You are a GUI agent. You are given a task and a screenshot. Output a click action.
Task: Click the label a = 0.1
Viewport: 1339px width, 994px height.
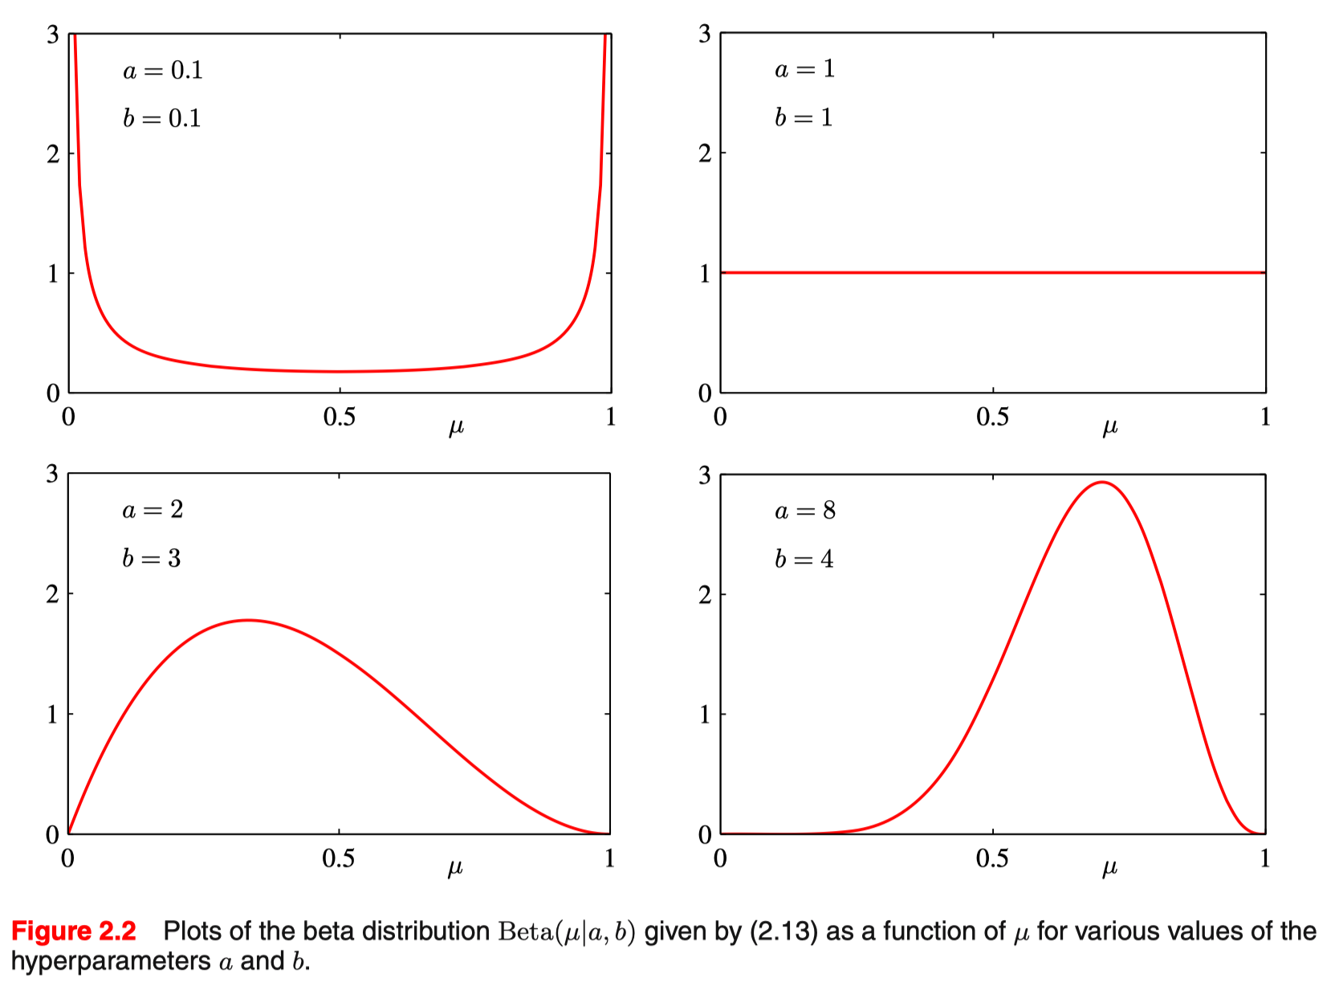(162, 71)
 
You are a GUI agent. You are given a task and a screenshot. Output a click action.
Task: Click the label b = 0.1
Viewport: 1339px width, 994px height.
(161, 119)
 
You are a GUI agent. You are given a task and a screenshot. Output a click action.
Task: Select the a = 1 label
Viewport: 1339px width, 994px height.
(804, 70)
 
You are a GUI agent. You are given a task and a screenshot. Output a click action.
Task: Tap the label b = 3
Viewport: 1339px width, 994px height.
(152, 558)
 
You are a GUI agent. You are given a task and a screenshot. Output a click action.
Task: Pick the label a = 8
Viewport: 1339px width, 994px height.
(805, 511)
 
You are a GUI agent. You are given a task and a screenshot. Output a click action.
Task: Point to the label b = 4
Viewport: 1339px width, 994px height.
(804, 559)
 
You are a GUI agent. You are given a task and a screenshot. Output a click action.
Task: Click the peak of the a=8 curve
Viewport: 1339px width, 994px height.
(1102, 482)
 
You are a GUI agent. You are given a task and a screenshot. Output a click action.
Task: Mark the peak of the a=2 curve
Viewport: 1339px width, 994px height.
(249, 620)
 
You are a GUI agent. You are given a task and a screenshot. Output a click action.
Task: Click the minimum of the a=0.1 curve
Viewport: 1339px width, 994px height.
(340, 372)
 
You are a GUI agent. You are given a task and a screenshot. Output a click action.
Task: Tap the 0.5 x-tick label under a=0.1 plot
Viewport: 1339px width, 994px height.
(339, 417)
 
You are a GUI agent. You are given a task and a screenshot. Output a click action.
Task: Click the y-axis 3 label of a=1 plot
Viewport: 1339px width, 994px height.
(704, 35)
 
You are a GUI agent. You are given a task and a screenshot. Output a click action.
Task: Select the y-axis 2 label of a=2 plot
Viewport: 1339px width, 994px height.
(53, 594)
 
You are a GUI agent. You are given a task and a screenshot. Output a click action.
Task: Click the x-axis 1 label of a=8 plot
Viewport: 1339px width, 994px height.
(1264, 858)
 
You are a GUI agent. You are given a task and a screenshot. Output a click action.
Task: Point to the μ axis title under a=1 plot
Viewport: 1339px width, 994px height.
(1109, 427)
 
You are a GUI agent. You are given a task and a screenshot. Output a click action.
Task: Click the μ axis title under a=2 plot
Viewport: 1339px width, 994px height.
(455, 868)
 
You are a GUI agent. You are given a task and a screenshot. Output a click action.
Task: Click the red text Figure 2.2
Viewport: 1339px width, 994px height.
(74, 931)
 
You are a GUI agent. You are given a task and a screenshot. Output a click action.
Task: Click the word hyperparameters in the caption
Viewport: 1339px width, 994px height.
(111, 962)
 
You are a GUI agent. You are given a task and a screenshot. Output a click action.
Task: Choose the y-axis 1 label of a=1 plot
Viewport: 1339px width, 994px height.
(704, 274)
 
